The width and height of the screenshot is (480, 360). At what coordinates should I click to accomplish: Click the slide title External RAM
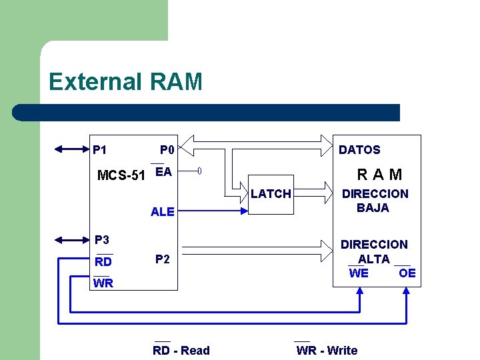click(125, 82)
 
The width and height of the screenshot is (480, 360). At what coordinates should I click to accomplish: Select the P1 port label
click(100, 150)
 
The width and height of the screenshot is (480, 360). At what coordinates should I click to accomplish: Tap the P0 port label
click(167, 150)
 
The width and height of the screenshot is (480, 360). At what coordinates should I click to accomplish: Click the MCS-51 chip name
click(121, 176)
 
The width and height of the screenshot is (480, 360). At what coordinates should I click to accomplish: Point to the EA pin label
click(163, 172)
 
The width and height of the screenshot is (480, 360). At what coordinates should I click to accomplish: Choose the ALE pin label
click(162, 212)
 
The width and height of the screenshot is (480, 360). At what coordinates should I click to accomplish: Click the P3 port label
click(102, 240)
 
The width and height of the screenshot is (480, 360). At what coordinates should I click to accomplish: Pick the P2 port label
click(162, 259)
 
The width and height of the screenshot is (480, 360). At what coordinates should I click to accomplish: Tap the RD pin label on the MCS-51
click(103, 262)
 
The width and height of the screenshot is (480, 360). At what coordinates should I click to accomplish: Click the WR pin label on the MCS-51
click(103, 283)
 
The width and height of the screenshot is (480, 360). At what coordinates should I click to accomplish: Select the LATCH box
click(271, 194)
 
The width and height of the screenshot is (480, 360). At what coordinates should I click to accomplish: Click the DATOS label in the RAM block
click(359, 150)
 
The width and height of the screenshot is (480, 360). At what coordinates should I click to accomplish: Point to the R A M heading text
click(379, 175)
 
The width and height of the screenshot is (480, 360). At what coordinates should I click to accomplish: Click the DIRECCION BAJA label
click(375, 201)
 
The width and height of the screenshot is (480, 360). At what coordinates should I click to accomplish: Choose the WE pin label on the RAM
click(359, 273)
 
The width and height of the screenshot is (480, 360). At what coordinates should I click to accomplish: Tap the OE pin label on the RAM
click(407, 273)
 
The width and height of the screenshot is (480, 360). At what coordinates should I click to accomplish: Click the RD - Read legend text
click(181, 351)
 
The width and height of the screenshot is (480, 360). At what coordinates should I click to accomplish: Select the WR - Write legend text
click(327, 351)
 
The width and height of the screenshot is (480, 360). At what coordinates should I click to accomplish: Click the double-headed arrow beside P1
click(71, 149)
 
